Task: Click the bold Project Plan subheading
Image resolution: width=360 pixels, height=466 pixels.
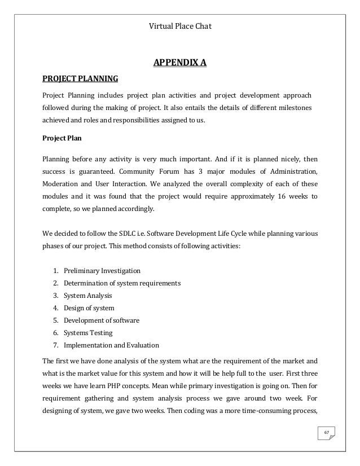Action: (62, 138)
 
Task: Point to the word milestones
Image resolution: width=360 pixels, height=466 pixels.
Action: (299, 107)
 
